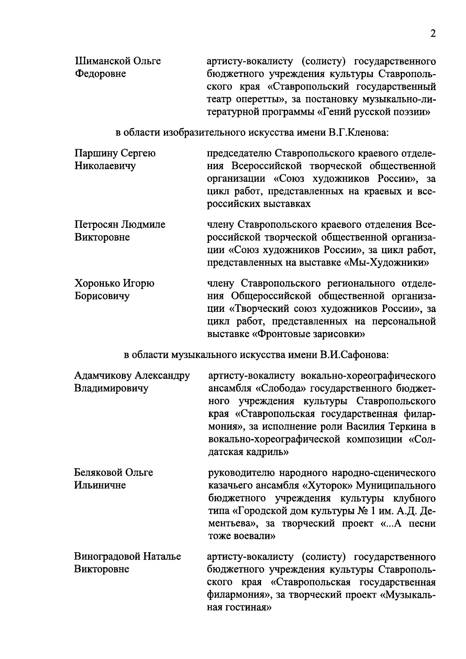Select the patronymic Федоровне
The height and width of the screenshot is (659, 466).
(x=100, y=74)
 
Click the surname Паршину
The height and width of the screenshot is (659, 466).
(x=96, y=153)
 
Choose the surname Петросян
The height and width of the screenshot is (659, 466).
(x=97, y=224)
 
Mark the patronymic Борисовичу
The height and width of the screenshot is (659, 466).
(x=102, y=296)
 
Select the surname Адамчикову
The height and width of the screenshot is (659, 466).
(x=103, y=376)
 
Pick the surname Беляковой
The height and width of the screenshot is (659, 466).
(x=98, y=473)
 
